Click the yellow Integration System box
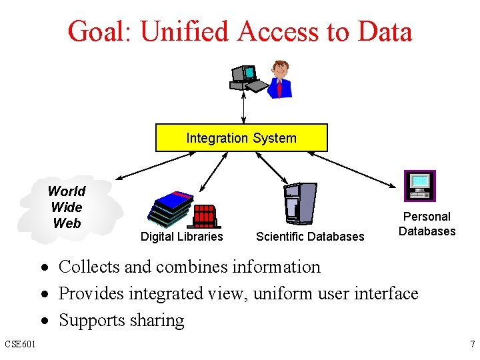click(241, 138)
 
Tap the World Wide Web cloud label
click(67, 207)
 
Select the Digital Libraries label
click(181, 236)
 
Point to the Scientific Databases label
click(310, 236)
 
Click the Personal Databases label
click(427, 224)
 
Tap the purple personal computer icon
click(420, 185)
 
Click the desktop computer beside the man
click(245, 78)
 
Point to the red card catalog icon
click(205, 216)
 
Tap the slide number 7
click(472, 345)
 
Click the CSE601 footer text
click(20, 345)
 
